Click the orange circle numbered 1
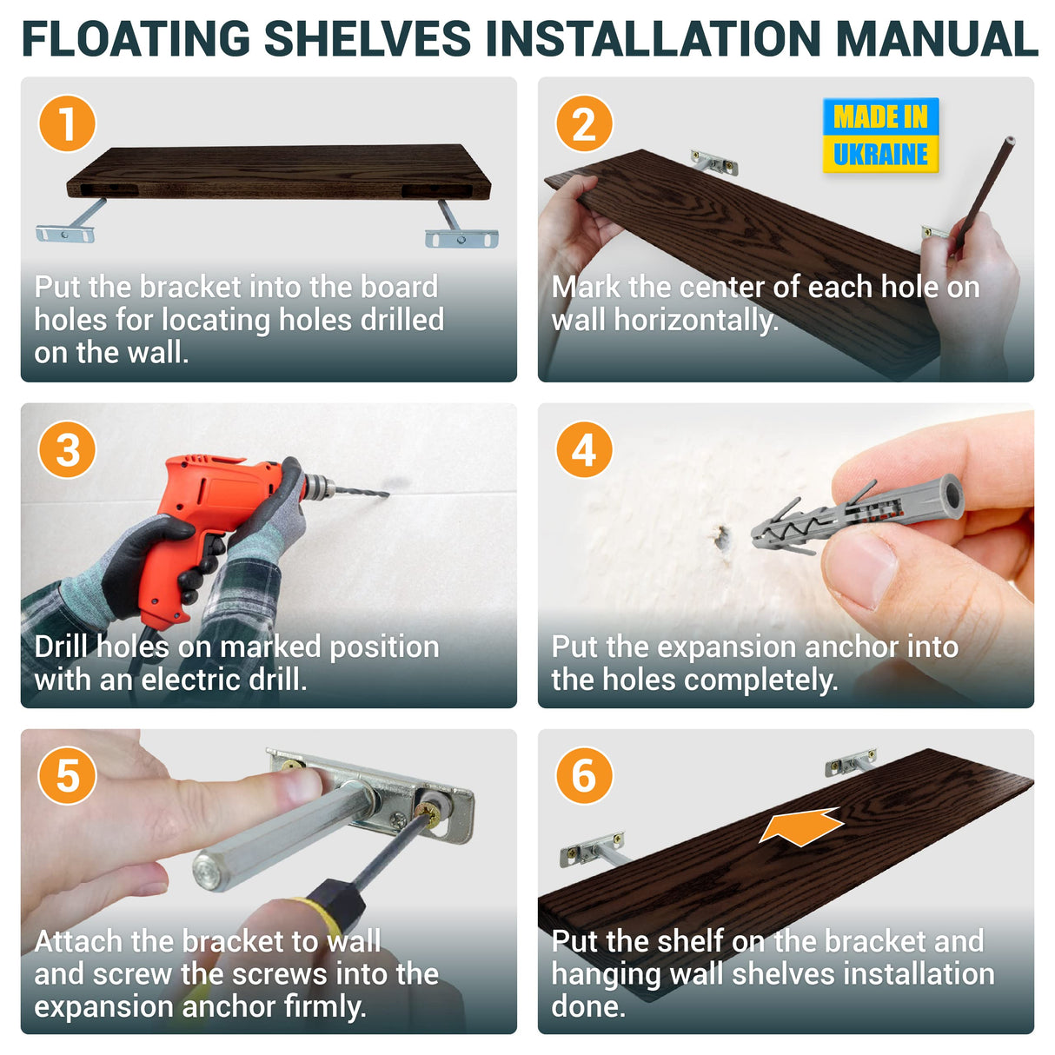pos(67,123)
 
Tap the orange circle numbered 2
pos(584,123)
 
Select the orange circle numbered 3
pos(67,449)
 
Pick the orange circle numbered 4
pos(584,449)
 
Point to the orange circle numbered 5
pos(67,775)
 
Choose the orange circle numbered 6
pos(584,775)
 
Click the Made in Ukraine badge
pos(879,136)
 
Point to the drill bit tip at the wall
pos(388,495)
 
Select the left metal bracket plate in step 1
pos(64,234)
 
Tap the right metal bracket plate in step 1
pos(461,239)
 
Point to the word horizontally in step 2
pos(695,321)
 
